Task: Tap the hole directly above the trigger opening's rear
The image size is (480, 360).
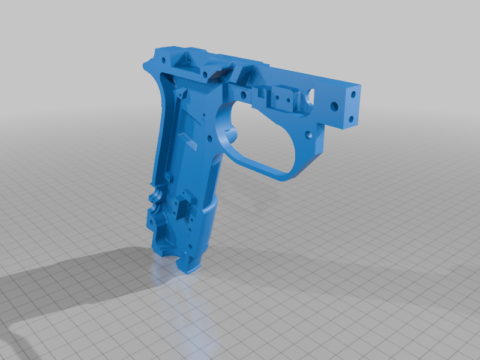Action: coord(242,95)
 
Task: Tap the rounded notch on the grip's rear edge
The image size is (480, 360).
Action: coord(155,196)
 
